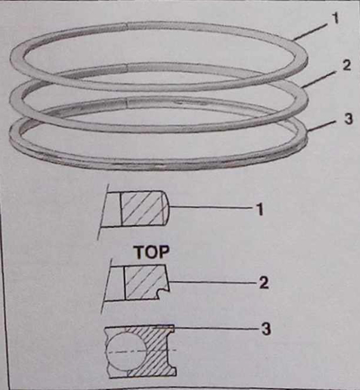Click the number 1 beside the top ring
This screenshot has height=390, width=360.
click(336, 18)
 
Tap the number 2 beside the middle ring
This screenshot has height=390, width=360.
click(346, 65)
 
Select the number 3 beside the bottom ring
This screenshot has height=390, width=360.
click(348, 119)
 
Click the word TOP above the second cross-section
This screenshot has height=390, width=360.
click(151, 252)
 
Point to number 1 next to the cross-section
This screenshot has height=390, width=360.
click(259, 209)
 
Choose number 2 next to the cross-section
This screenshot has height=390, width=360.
click(264, 283)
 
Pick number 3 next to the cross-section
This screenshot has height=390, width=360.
click(265, 329)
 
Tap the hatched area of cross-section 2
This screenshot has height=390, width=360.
click(144, 282)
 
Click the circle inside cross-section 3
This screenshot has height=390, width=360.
click(127, 350)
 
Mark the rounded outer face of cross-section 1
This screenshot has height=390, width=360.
click(166, 208)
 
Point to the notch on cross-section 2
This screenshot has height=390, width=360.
click(161, 291)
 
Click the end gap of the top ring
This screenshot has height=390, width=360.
click(126, 26)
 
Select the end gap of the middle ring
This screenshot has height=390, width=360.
click(126, 68)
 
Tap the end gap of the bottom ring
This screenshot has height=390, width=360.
click(126, 103)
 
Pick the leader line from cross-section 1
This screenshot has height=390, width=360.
click(211, 207)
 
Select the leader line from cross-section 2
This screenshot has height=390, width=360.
click(213, 282)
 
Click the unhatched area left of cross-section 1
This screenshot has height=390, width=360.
click(112, 209)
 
